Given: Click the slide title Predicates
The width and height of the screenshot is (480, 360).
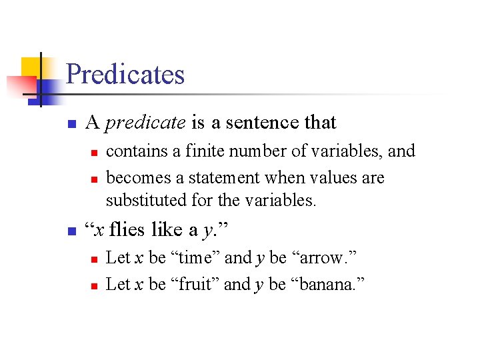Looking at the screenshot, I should click(125, 74).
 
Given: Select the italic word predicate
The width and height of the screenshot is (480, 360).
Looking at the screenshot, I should click(145, 123).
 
